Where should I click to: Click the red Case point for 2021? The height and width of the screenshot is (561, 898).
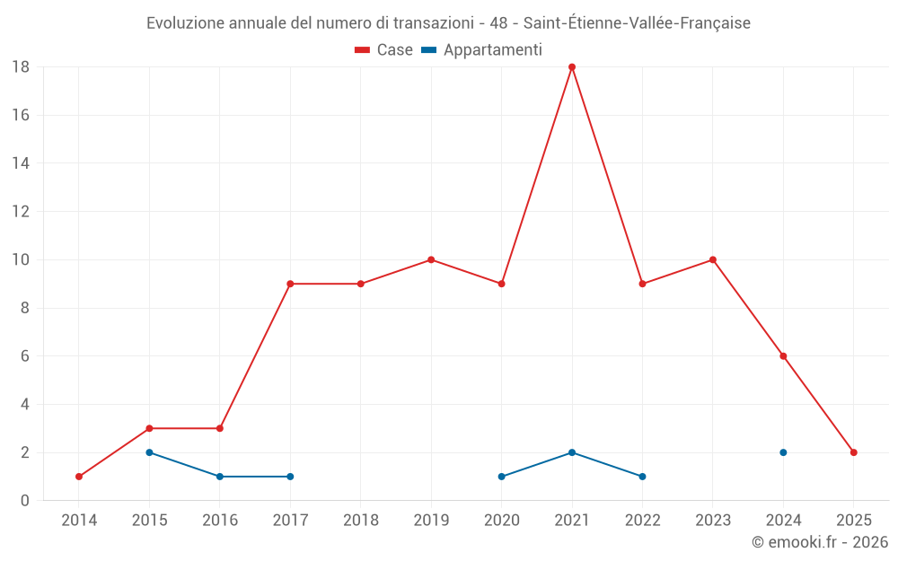tap(572, 67)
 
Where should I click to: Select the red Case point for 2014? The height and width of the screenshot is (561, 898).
tap(79, 477)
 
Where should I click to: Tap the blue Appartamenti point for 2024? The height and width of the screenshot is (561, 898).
tap(783, 452)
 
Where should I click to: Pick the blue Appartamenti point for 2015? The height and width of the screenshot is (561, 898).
tap(149, 452)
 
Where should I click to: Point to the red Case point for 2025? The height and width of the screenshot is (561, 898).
tap(853, 452)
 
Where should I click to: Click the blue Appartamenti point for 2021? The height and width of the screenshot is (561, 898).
tap(572, 452)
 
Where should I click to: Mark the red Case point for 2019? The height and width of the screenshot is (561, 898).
tap(431, 260)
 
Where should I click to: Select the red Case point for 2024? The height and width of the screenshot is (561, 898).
tap(783, 356)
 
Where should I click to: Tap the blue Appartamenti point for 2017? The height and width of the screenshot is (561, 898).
tap(290, 477)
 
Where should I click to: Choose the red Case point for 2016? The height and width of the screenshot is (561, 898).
tap(220, 428)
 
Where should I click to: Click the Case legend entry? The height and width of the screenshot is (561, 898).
tap(384, 50)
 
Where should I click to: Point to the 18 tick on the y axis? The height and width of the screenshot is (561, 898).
tap(21, 67)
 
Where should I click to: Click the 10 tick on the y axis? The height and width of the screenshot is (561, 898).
tap(21, 260)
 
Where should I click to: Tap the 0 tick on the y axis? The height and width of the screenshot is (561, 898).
tap(25, 501)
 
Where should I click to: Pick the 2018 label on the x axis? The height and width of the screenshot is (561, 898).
tap(361, 521)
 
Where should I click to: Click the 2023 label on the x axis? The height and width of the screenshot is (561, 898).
tap(713, 521)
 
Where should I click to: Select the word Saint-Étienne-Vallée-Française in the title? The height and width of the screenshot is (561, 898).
tap(637, 23)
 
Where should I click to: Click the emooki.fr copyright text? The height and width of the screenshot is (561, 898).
tap(820, 542)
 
